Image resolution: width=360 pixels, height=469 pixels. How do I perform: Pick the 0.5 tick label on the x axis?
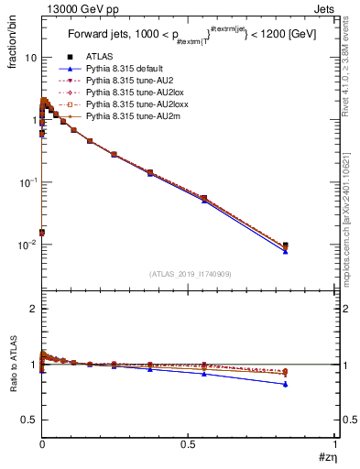coord(188,445)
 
